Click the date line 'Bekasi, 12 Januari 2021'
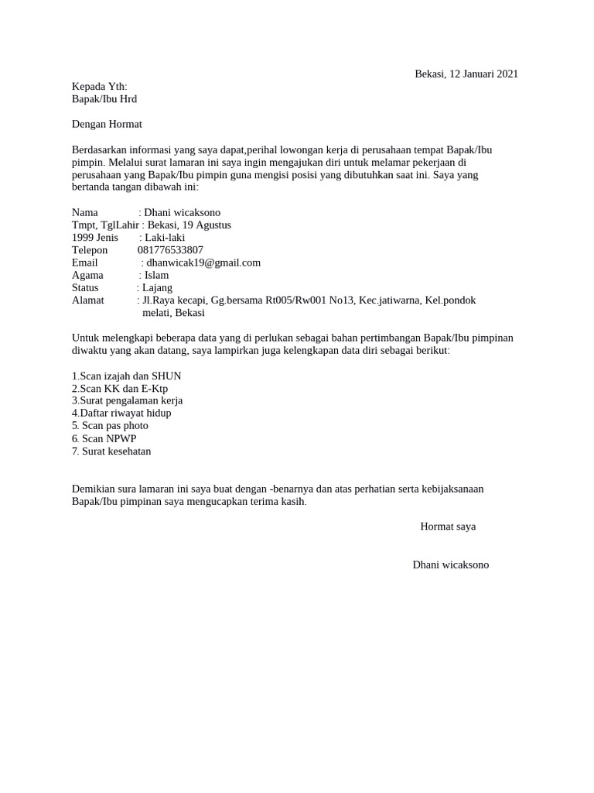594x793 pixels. coord(466,74)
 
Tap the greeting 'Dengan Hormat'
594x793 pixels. coord(107,124)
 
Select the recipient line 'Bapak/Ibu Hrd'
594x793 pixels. coord(104,99)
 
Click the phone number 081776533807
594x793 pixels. coord(170,250)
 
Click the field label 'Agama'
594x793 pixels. coord(87,275)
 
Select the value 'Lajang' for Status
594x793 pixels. coord(159,287)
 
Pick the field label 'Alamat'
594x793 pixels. coord(87,300)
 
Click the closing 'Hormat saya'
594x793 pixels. coord(448,527)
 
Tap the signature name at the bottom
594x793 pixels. coord(451,565)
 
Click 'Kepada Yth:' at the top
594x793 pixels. coord(99,87)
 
